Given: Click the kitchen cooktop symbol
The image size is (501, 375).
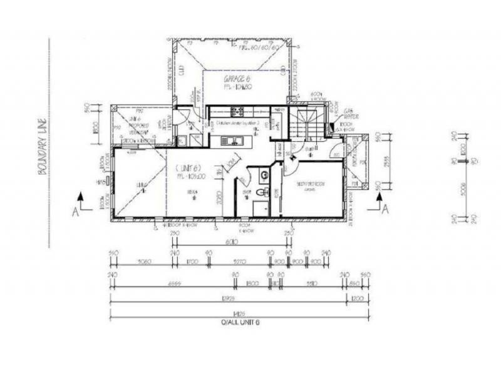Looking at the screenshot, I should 237,112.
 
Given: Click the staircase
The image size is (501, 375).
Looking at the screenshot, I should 306,121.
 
